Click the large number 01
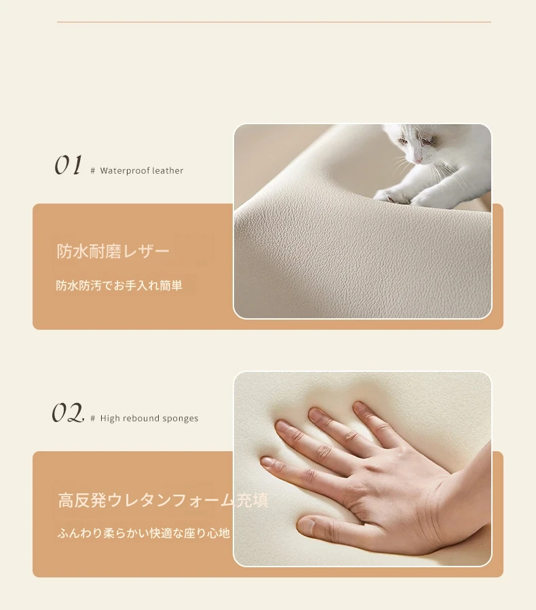[x=68, y=165]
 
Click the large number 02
[x=68, y=413]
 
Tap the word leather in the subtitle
[x=168, y=170]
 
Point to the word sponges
[x=180, y=419]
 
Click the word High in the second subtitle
[x=109, y=419]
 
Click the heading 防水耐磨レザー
[x=113, y=251]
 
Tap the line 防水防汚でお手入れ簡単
[x=119, y=286]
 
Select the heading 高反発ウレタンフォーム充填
[x=164, y=500]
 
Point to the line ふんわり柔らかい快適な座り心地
[x=144, y=533]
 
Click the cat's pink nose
[x=417, y=160]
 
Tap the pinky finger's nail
[x=267, y=462]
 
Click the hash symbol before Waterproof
[x=92, y=171]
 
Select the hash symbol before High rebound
[x=92, y=419]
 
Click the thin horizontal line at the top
[x=274, y=22]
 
